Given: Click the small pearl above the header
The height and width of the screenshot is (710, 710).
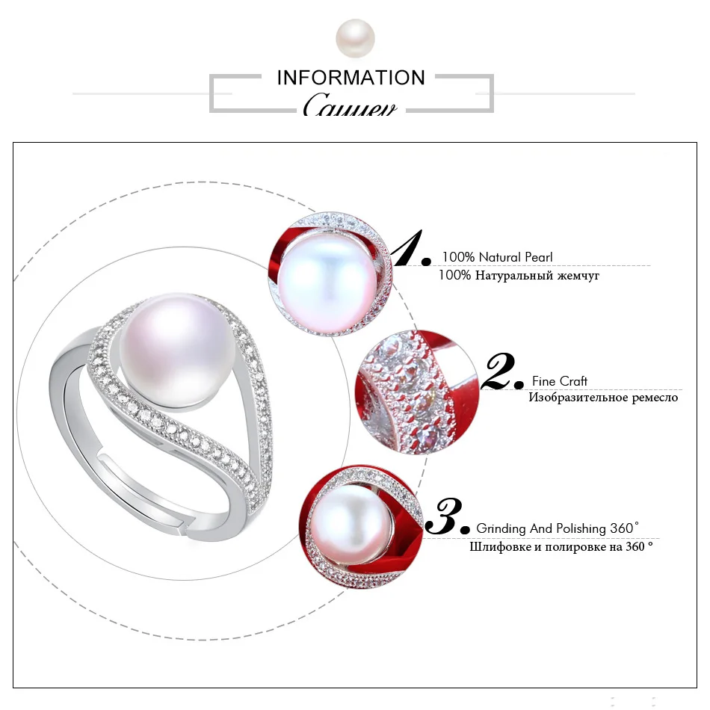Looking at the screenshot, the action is pos(355,38).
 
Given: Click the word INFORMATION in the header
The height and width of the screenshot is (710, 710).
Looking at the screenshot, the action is pos(351,78).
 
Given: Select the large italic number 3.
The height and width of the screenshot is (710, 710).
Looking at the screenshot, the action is pos(447,517).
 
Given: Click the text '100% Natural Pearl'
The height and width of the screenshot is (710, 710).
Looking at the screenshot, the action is pos(497,257).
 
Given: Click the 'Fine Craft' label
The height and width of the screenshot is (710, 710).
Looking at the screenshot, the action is pos(560,381).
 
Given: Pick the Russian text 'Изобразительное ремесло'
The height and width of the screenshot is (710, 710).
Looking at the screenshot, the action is pos(603,398).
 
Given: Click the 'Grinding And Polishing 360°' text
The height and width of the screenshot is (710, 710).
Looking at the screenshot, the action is pos(558,528).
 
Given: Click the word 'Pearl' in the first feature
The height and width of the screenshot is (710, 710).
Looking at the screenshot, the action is pos(539,257).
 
